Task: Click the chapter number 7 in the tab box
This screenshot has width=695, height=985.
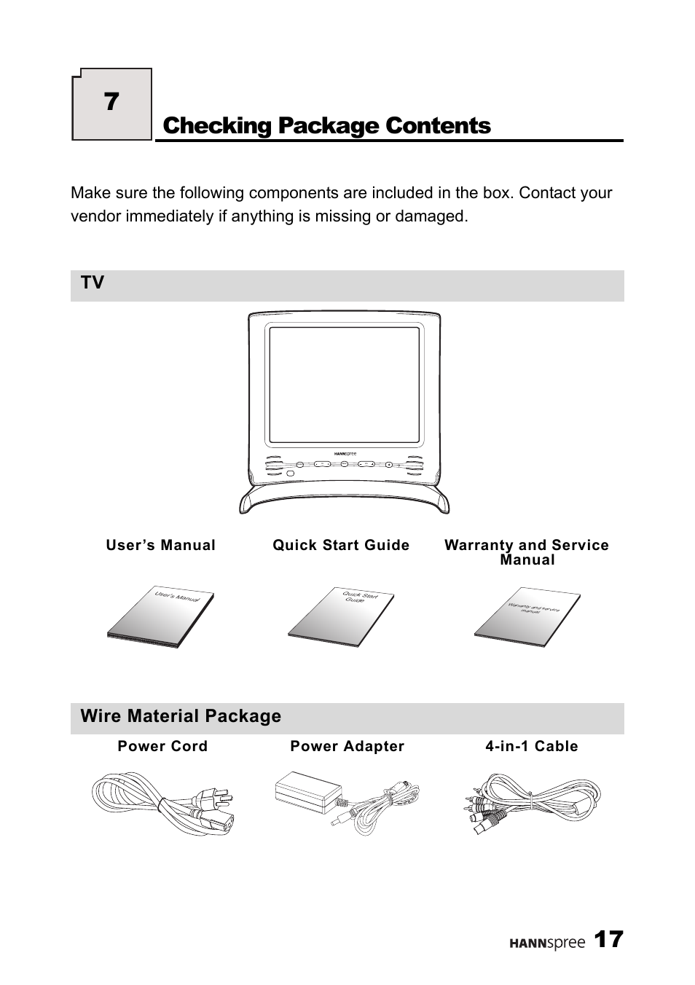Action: (111, 102)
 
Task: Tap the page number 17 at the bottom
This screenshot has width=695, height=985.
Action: (608, 940)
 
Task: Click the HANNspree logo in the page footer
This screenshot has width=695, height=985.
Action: (546, 943)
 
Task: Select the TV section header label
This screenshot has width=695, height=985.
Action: (93, 283)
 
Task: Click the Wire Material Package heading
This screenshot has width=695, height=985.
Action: (181, 716)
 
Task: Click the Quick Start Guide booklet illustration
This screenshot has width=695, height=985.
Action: (342, 616)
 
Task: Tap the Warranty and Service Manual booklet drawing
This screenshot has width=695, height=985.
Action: (528, 616)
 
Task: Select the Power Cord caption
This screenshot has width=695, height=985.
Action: (162, 746)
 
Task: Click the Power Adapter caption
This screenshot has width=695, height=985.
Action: (347, 746)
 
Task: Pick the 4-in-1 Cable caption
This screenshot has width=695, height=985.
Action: (532, 746)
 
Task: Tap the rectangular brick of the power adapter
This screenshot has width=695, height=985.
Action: (309, 791)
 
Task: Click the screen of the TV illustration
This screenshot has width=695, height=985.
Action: (345, 385)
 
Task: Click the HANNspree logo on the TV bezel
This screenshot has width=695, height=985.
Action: (345, 453)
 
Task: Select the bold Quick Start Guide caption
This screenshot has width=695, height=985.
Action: (341, 545)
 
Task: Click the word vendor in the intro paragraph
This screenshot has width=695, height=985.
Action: (94, 216)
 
